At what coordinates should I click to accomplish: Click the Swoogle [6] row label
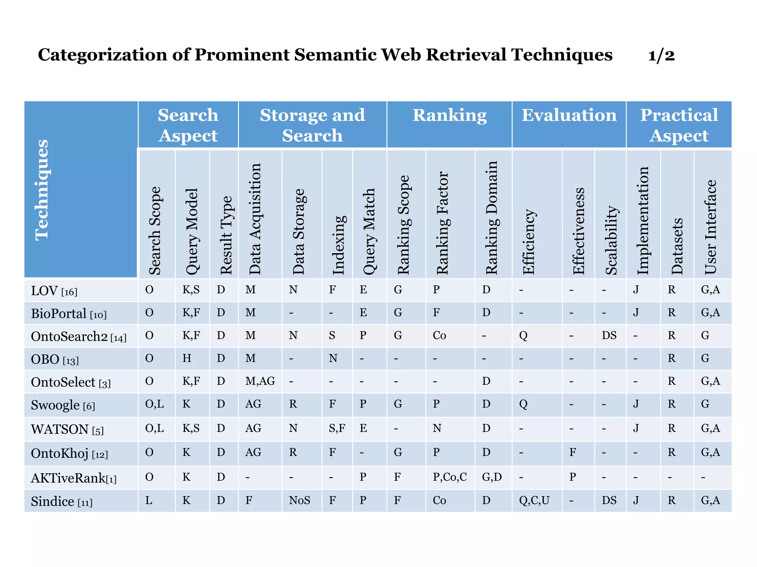[63, 405]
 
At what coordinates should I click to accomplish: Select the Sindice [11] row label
[61, 501]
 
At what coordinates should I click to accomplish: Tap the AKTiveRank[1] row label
[74, 478]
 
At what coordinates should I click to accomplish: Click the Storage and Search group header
[312, 125]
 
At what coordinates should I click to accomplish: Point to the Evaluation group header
[569, 115]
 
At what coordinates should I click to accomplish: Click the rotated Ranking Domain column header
[492, 218]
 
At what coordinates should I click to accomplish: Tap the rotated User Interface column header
[710, 227]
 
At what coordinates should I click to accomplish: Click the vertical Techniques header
[42, 190]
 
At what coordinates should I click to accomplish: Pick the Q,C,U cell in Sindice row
[534, 501]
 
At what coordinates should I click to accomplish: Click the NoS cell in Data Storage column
[299, 501]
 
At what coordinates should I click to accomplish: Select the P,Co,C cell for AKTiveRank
[449, 477]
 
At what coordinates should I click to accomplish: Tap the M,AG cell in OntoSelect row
[260, 381]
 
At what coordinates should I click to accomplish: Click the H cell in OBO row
[187, 358]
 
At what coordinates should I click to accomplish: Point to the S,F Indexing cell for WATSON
[337, 428]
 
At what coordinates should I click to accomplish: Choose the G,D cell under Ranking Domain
[492, 477]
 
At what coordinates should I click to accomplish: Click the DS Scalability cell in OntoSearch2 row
[609, 335]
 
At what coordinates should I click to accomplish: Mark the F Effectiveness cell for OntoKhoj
[572, 452]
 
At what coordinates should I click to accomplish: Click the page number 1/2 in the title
[661, 55]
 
